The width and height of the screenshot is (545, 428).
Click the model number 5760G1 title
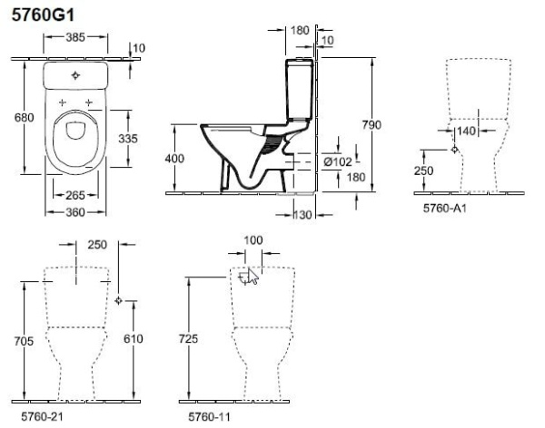click(43, 15)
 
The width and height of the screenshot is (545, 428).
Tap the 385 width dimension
click(75, 37)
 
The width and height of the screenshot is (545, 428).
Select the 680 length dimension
click(24, 118)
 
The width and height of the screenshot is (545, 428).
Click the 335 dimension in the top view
click(128, 139)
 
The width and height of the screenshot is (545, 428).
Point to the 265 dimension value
click(75, 196)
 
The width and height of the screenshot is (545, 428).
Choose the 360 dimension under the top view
click(75, 212)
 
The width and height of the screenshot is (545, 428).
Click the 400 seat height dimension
click(174, 159)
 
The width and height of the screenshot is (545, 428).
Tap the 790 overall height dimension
click(372, 125)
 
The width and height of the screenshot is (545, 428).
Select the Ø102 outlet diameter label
click(338, 161)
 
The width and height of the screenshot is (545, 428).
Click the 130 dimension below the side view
click(302, 215)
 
